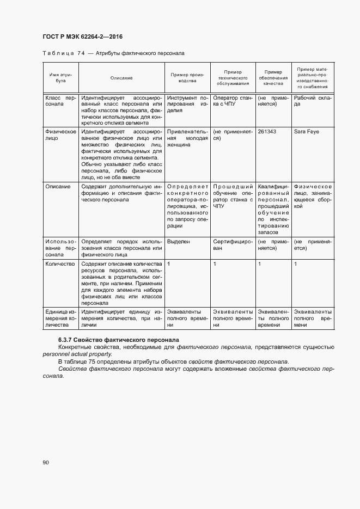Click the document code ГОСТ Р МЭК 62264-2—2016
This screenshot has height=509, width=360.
pyautogui.click(x=82, y=36)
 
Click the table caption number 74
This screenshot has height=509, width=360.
pyautogui.click(x=82, y=53)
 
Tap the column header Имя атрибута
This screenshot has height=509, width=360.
pyautogui.click(x=60, y=77)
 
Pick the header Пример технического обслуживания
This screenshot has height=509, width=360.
pyautogui.click(x=233, y=78)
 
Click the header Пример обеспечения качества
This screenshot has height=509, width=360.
pyautogui.click(x=273, y=78)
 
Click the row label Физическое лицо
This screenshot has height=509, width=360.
pyautogui.click(x=60, y=135)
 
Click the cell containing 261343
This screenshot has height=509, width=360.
pyautogui.click(x=267, y=132)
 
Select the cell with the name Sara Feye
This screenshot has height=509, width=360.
pyautogui.click(x=306, y=132)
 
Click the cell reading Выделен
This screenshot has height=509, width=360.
pyautogui.click(x=179, y=240)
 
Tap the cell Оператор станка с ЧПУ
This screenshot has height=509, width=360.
pyautogui.click(x=233, y=101)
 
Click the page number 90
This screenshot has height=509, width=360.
pyautogui.click(x=46, y=462)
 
